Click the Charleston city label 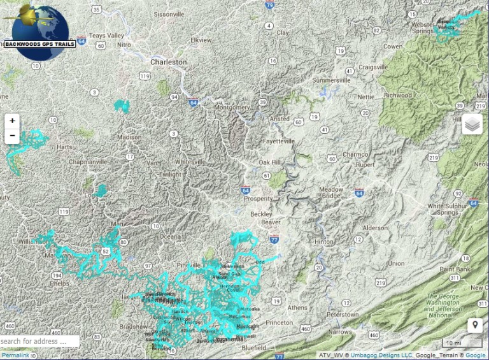tap(169, 62)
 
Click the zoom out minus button tap(12, 136)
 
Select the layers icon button tap(472, 124)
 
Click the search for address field tap(39, 342)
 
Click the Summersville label tap(331, 81)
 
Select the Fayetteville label tap(280, 141)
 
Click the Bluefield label tap(253, 348)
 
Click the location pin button tap(474, 326)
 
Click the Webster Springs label tap(423, 27)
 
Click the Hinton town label tap(323, 241)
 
